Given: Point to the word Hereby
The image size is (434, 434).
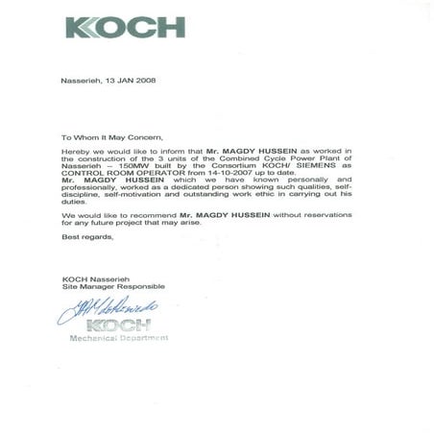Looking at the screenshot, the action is pos(74,152).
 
